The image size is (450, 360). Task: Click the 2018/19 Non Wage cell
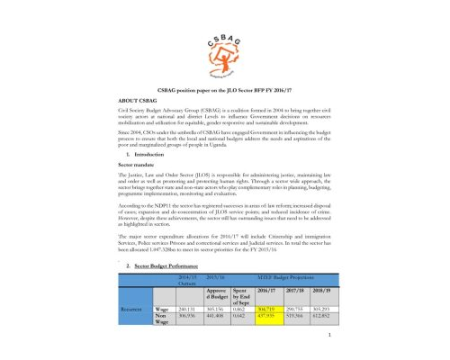click(x=345, y=340)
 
